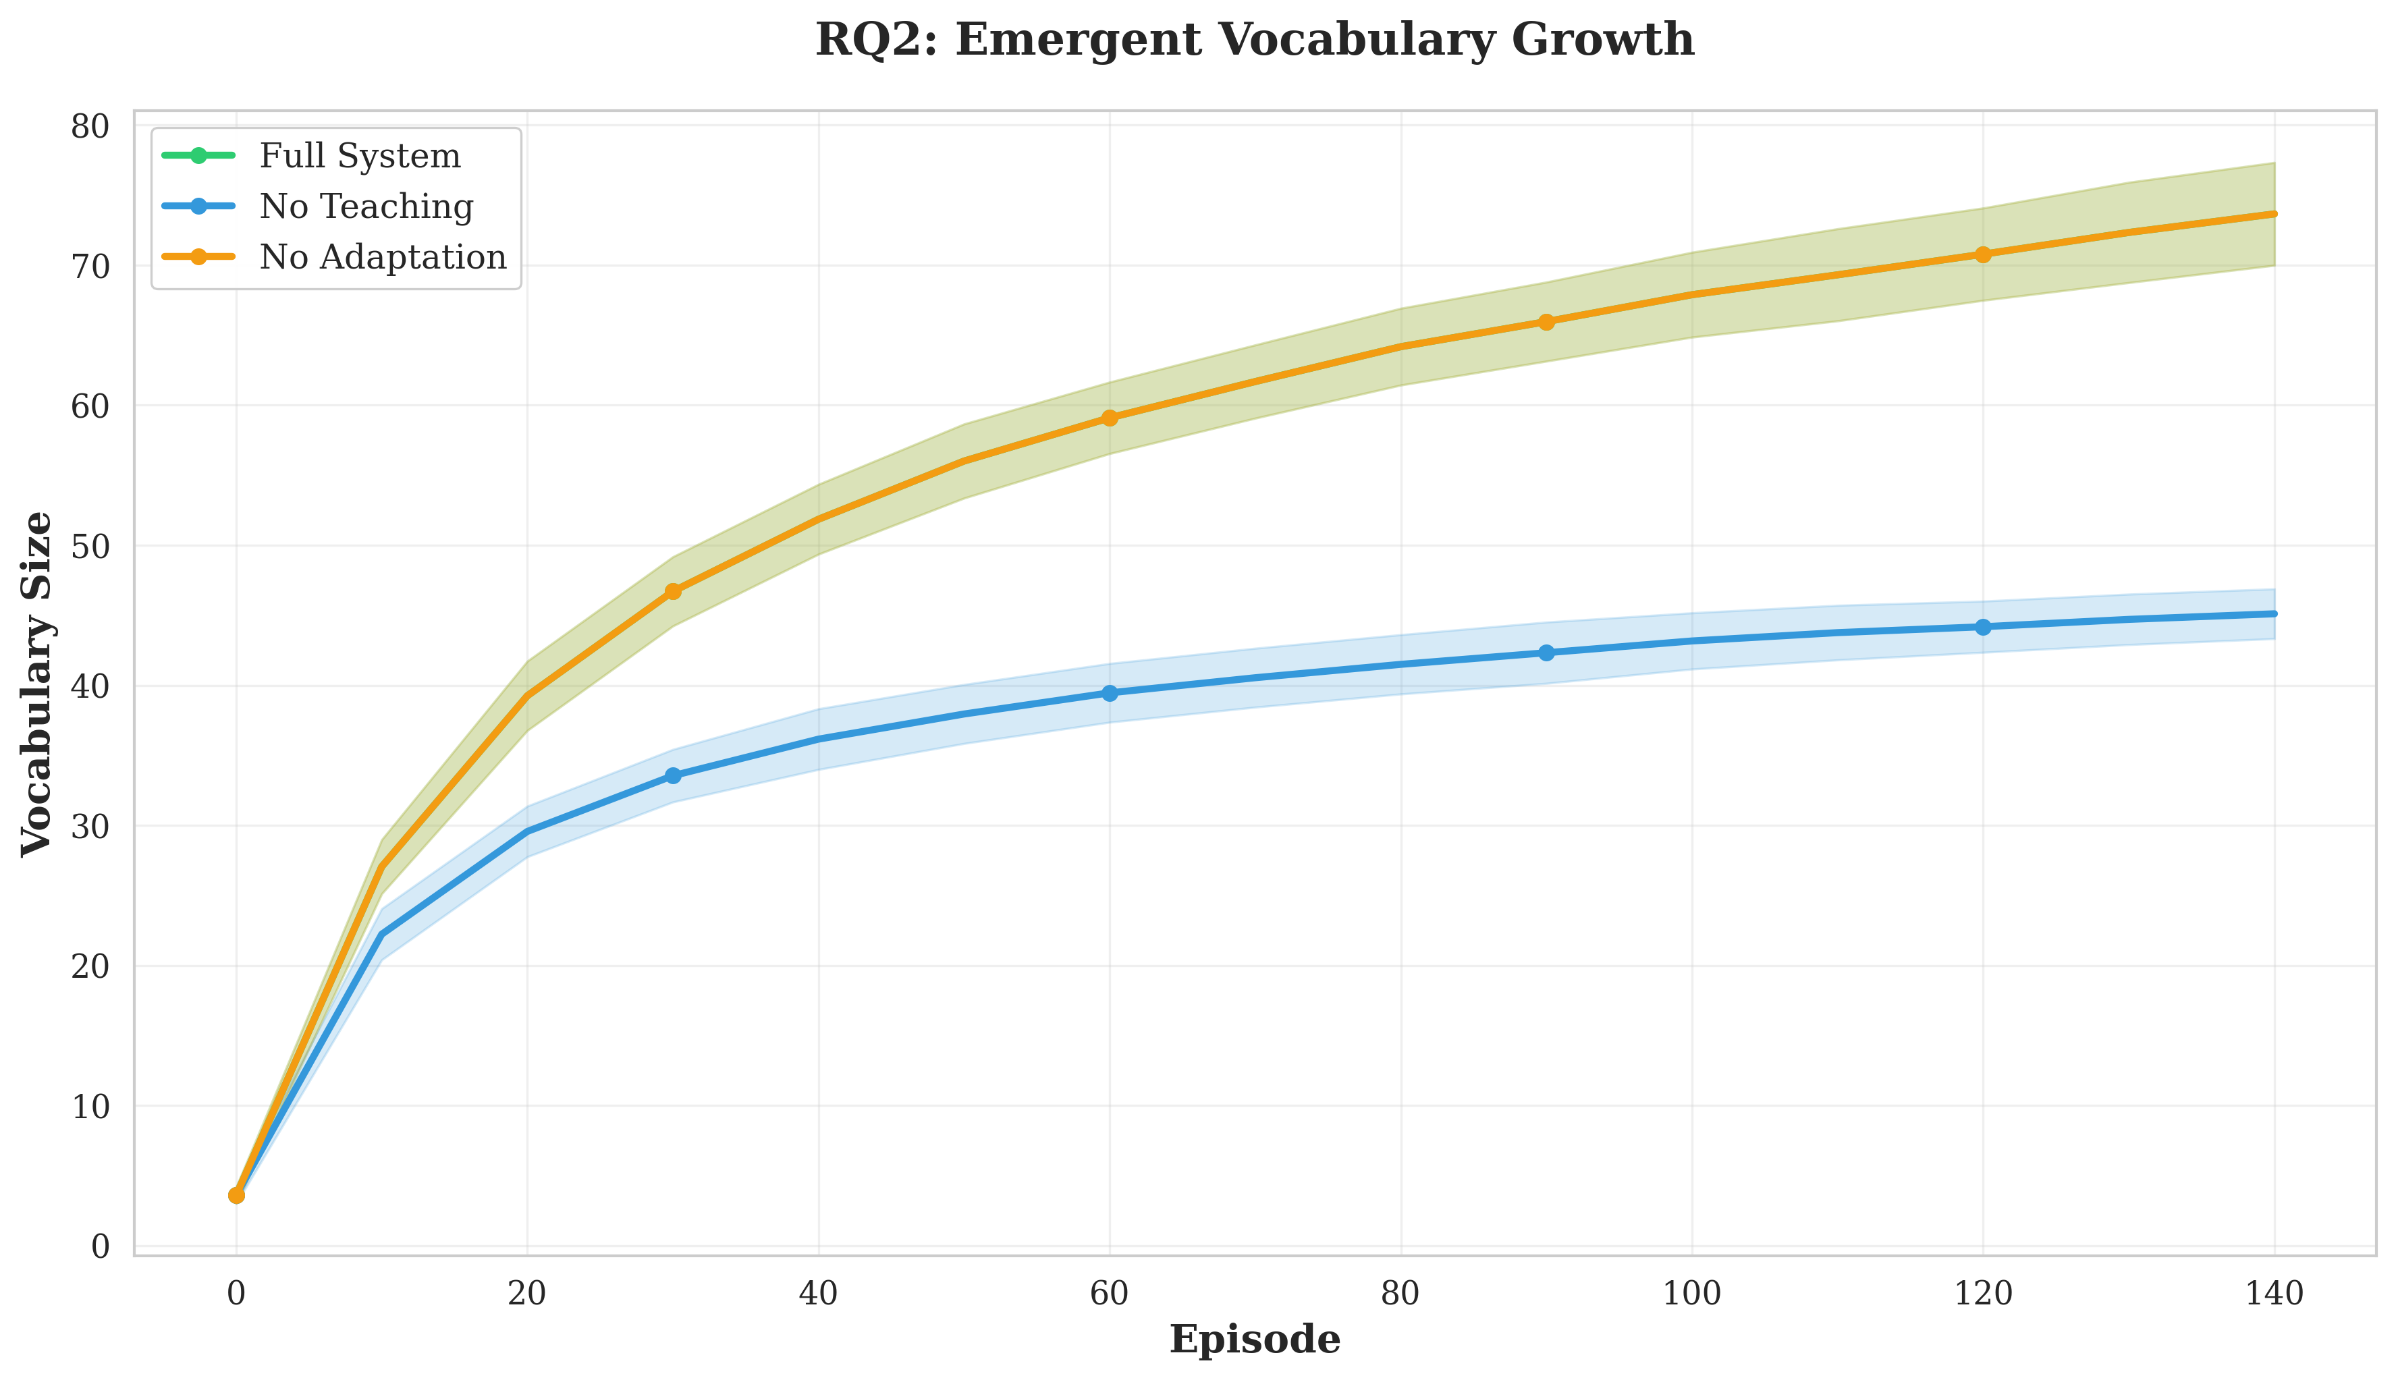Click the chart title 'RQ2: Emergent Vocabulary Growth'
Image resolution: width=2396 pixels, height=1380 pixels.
(1254, 40)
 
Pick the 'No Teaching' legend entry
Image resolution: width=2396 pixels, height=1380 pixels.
(366, 206)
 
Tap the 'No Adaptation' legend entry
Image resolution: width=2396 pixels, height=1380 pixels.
(382, 257)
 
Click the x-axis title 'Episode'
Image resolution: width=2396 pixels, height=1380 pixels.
(1254, 1340)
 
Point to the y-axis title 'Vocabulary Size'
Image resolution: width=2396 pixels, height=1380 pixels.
(38, 684)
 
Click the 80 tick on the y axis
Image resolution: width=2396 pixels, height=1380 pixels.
(90, 126)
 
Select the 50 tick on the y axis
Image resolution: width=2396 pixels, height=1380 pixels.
(90, 546)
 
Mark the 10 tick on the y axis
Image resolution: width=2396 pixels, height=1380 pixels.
(90, 1106)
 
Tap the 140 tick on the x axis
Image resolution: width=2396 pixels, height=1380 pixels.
(2274, 1293)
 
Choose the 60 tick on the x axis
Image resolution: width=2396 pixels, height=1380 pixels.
(1109, 1293)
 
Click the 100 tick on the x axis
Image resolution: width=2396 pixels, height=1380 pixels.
(1692, 1293)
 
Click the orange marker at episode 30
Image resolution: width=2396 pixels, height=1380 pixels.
(673, 591)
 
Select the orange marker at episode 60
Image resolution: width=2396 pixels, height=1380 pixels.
(1109, 418)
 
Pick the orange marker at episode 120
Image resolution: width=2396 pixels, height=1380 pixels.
(1983, 254)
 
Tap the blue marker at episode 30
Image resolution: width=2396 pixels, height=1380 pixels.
(673, 775)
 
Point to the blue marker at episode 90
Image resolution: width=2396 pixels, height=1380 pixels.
(1546, 652)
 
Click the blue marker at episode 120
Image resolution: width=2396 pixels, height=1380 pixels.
(1983, 626)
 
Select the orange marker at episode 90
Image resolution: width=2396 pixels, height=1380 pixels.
(1546, 323)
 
